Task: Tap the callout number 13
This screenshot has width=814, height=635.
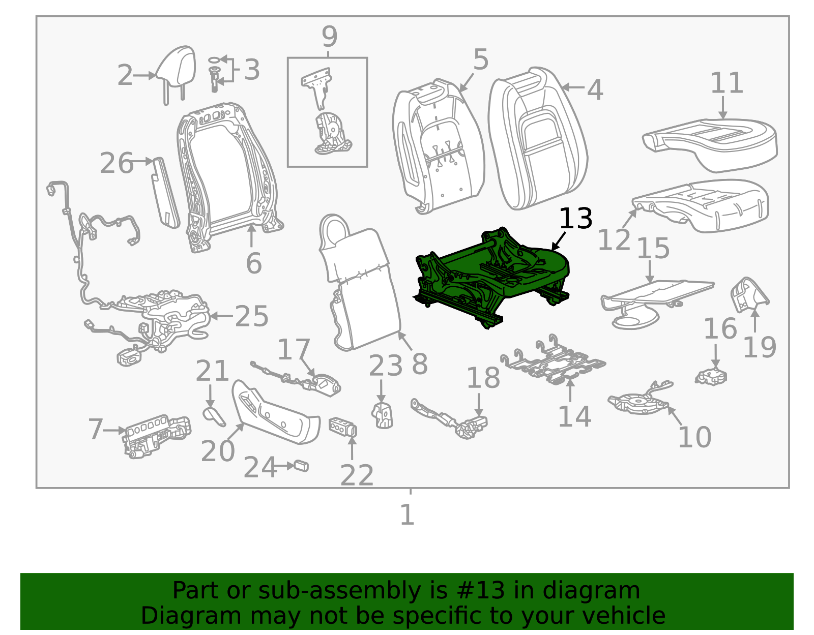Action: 575,219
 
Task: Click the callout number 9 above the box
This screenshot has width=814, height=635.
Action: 329,37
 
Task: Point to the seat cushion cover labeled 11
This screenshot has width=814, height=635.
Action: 712,145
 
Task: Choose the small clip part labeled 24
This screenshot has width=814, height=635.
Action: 302,466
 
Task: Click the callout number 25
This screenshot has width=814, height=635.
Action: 251,316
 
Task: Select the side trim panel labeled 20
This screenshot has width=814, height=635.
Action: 275,412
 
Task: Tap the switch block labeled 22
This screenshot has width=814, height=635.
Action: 343,427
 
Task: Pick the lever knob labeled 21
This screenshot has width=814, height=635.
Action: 214,415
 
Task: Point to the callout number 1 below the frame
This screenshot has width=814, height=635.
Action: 407,515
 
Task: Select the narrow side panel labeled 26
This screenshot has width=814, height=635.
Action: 165,191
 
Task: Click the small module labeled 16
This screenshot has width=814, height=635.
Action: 711,376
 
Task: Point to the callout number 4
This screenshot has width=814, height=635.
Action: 595,90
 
